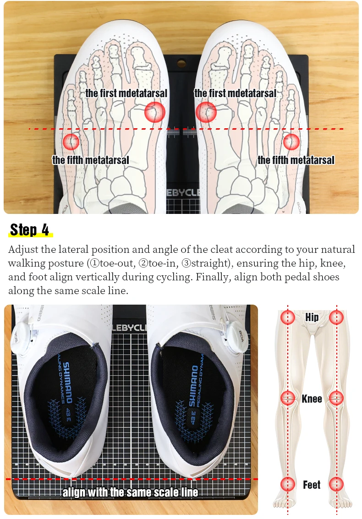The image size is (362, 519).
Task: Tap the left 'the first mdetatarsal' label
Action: pos(126,93)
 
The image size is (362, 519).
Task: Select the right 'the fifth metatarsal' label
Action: pos(296,160)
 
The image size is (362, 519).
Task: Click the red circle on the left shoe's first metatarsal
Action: pos(155,112)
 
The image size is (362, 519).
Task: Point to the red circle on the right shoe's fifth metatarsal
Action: pos(291,142)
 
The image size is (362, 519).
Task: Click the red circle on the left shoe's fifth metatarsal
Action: pos(71,142)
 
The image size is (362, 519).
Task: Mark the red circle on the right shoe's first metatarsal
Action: pos(206,112)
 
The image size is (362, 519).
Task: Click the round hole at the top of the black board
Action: pos(181,63)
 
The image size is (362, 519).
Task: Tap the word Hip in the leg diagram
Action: pos(312,317)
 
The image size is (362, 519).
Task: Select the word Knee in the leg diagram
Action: pos(312,399)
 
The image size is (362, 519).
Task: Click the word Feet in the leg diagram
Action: pos(312,485)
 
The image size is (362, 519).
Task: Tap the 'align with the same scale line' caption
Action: pos(130,492)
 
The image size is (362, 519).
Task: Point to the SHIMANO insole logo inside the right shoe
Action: pos(193,386)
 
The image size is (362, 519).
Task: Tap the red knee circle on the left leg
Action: pos(288,398)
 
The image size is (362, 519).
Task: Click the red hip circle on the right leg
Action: pos(336,317)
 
